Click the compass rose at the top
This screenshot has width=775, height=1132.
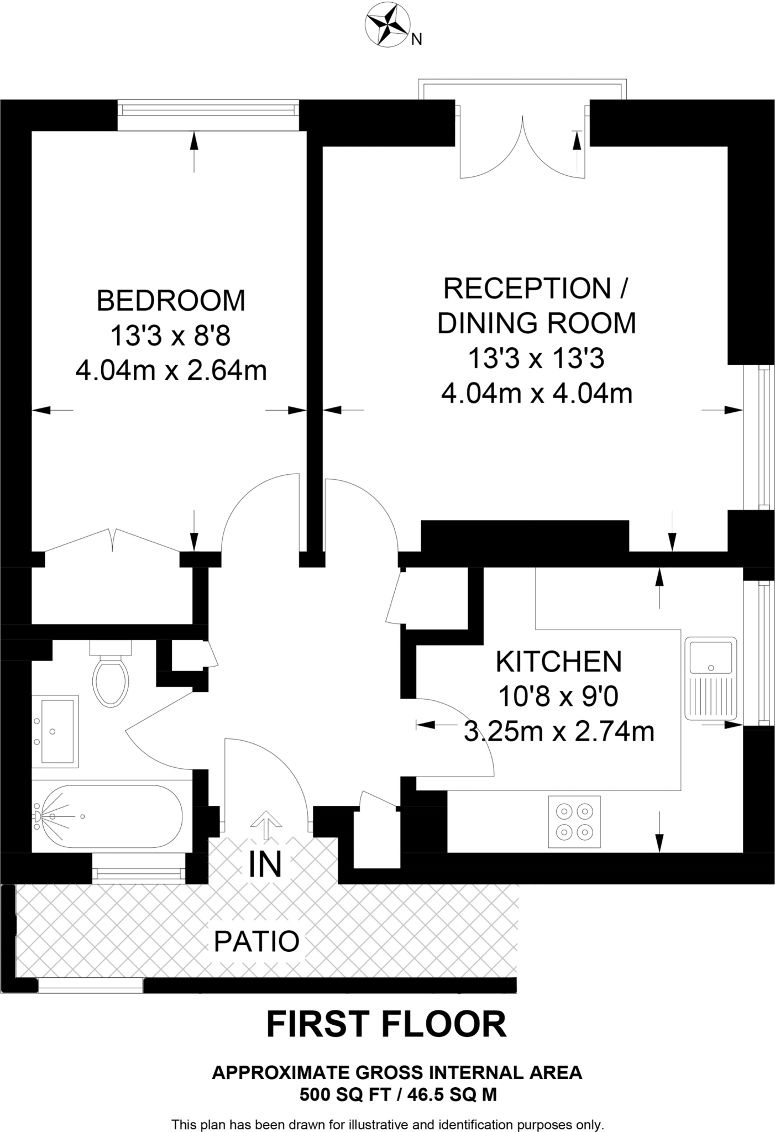point(387,24)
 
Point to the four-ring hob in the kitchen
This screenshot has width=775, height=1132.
point(574,821)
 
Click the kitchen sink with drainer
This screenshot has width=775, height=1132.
point(711,679)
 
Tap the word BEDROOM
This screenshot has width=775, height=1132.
point(171,301)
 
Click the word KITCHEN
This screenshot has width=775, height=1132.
point(559,662)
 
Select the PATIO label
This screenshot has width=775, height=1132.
point(256,941)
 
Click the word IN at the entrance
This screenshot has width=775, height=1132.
point(265,864)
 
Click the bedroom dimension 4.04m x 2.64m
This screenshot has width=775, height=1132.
point(171,371)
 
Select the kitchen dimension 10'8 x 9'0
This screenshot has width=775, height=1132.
point(559,697)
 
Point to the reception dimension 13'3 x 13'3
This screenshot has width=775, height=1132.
point(536,359)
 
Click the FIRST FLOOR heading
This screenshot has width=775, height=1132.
point(386,1024)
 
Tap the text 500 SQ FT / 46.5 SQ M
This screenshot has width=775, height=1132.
point(398,1094)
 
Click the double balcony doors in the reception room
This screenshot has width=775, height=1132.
point(522,146)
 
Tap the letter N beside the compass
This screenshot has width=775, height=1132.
point(417,39)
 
